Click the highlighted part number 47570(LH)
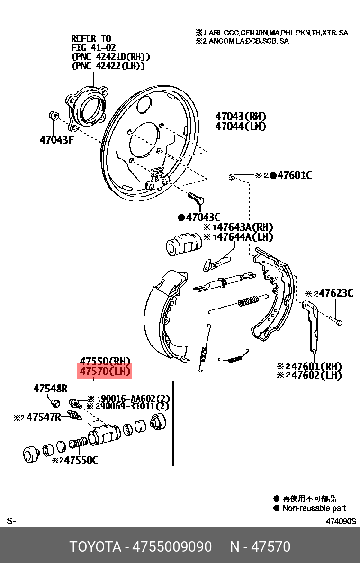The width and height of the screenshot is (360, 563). [x=105, y=371]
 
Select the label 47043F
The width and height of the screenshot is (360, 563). [x=57, y=140]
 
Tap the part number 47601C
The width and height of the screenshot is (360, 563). [x=294, y=175]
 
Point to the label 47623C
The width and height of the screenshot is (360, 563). [x=336, y=293]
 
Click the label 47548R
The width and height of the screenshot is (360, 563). [x=50, y=389]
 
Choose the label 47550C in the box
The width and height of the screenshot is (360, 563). [x=81, y=460]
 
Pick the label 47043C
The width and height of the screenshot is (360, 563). [x=203, y=218]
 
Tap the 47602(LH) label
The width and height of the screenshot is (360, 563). [x=316, y=375]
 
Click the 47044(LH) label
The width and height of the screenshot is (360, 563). [x=240, y=127]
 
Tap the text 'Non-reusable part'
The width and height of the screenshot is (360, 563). [x=314, y=508]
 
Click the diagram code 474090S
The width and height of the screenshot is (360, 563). [x=340, y=521]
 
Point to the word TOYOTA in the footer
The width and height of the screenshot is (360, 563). [x=95, y=546]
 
